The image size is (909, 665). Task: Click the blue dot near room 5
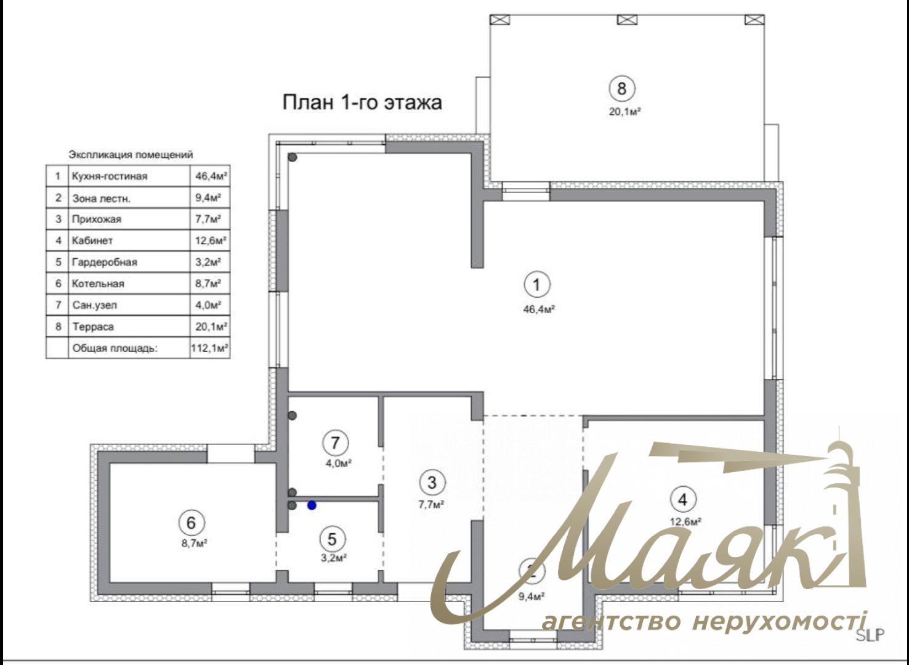pos(312,505)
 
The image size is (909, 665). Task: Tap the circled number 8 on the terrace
pos(621,89)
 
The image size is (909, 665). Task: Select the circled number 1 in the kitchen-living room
pos(537,285)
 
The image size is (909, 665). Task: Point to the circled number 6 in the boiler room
pos(191,523)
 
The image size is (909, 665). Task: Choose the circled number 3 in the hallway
pos(432,483)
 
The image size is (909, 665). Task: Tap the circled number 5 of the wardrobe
pos(333,539)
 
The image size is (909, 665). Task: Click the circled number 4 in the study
pos(682,499)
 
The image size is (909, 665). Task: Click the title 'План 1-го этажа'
pos(362,102)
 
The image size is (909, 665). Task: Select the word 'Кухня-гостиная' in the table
pos(110,176)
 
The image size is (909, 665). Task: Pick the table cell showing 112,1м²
pos(210,348)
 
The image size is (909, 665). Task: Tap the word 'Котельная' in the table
pos(98,284)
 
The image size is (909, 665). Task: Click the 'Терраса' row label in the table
pos(93,327)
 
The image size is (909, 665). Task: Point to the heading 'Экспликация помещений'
pos(131,155)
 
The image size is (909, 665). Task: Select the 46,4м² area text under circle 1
pos(539,309)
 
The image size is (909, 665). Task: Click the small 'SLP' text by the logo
pos(870,635)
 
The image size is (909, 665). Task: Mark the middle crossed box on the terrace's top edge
pos(627,19)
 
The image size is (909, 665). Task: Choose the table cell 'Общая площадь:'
pos(115,348)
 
